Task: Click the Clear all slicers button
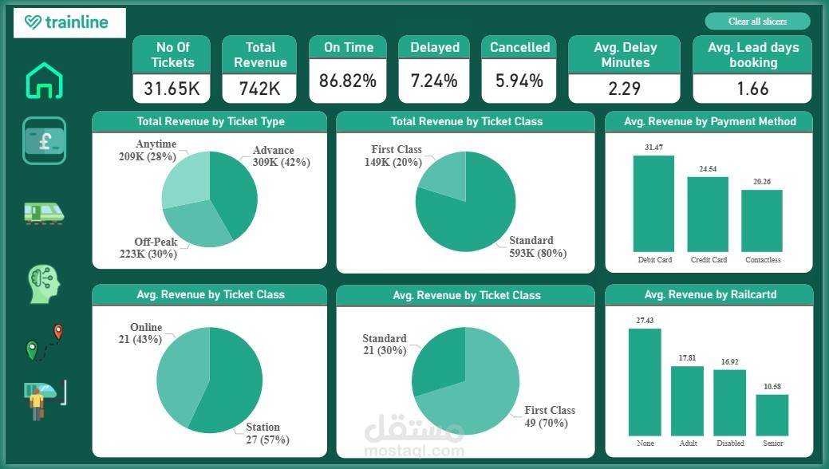(x=756, y=22)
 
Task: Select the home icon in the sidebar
(x=44, y=81)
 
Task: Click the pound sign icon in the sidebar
(x=44, y=140)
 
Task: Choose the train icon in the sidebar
(x=44, y=212)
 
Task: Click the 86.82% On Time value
(x=347, y=81)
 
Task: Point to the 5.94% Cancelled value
(x=519, y=81)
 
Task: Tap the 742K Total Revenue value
(x=260, y=89)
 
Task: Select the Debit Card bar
(x=653, y=203)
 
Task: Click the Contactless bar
(x=762, y=221)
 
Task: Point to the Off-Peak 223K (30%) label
(x=156, y=248)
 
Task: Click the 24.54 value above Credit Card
(x=708, y=169)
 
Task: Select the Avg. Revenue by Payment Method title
(x=709, y=122)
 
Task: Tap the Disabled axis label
(x=730, y=443)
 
